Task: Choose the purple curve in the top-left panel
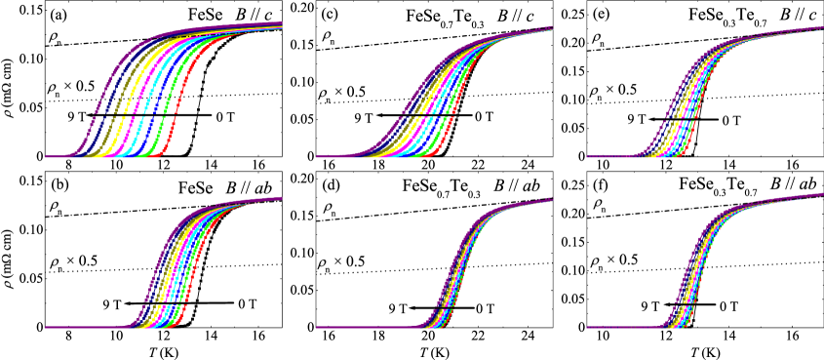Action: tap(102, 98)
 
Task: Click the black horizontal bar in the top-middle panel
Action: tap(429, 116)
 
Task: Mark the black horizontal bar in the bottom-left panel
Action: tap(166, 305)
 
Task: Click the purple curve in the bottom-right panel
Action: tap(683, 283)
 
